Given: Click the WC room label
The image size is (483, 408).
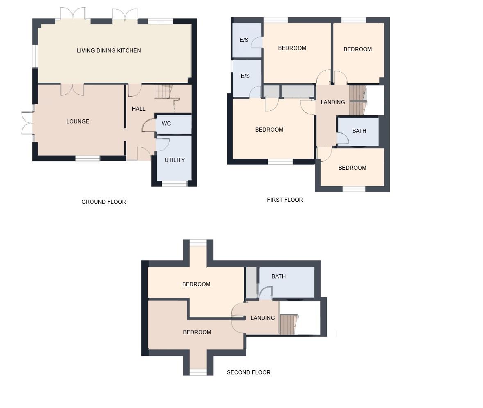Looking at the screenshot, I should (x=166, y=123).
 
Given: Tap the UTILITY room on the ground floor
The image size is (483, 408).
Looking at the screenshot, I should (x=175, y=160).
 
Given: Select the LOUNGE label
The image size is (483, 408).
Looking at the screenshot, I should (x=78, y=121).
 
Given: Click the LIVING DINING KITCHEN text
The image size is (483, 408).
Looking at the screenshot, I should (x=109, y=50).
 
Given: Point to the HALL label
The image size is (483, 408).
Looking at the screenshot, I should (x=138, y=109).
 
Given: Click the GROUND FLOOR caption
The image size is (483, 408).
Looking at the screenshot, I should (x=104, y=202).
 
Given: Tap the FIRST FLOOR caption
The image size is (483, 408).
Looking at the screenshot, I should (x=285, y=200).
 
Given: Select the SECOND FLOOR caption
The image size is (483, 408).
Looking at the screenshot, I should (x=249, y=372).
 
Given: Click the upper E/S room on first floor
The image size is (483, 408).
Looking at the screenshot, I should (x=244, y=40).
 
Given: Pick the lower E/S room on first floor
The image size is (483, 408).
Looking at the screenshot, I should (x=245, y=76).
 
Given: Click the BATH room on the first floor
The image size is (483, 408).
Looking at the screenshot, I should (x=359, y=131).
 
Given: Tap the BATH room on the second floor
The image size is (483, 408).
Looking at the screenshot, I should (x=279, y=276).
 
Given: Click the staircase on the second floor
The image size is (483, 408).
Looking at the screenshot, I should (x=289, y=324).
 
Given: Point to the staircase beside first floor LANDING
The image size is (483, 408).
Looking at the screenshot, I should (x=358, y=100).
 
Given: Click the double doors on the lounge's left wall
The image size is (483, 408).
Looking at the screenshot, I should (x=27, y=123).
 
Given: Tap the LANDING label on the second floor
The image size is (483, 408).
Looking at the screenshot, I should (x=263, y=318).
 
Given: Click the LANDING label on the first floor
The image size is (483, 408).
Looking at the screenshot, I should (x=333, y=102).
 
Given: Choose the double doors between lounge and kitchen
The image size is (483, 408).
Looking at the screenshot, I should (x=73, y=89).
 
